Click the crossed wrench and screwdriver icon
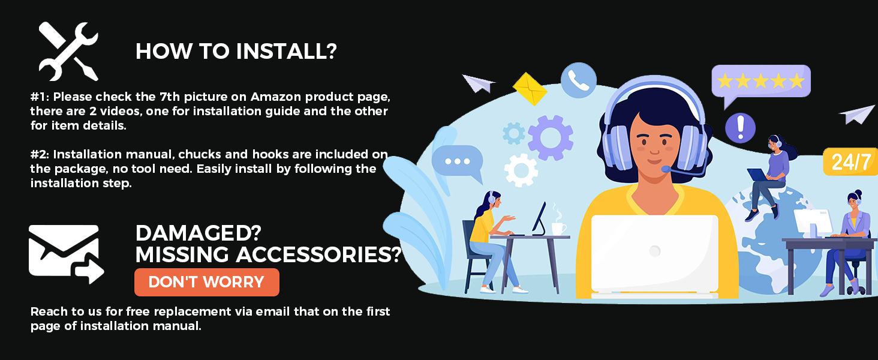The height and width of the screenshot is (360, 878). [68, 52]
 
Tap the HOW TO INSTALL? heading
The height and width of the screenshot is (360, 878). [236, 52]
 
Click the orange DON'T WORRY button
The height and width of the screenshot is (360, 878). [206, 282]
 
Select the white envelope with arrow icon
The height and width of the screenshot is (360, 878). [66, 254]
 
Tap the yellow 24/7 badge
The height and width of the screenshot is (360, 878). [850, 161]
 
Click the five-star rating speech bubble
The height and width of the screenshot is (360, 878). [761, 85]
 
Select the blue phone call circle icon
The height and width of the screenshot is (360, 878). [579, 80]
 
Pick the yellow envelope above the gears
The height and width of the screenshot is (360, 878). [530, 89]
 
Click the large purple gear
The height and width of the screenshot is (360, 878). [551, 137]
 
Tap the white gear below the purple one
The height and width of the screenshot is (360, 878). [521, 170]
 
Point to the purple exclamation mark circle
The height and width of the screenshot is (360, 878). [740, 127]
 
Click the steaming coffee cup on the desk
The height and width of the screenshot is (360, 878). [558, 227]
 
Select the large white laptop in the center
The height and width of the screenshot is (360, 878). [654, 255]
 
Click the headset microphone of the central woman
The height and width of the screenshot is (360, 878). [666, 169]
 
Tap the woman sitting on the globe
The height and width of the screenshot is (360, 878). [768, 176]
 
